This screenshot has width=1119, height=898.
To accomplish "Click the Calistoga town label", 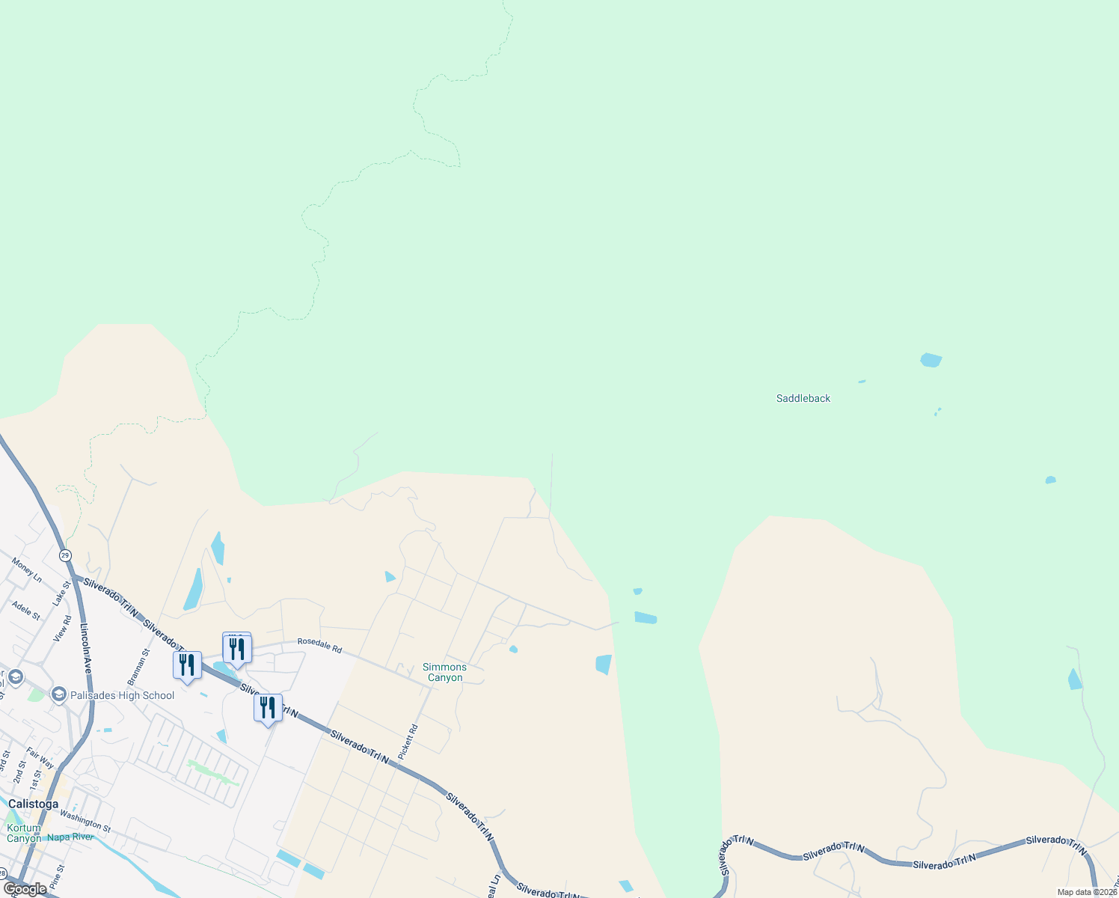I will pyautogui.click(x=33, y=804).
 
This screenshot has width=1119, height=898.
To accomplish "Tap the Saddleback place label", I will pyautogui.click(x=803, y=398).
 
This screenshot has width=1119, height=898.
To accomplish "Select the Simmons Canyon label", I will pyautogui.click(x=444, y=672).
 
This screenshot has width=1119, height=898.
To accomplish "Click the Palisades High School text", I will pyautogui.click(x=122, y=695).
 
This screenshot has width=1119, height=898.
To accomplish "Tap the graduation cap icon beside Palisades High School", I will pyautogui.click(x=58, y=695).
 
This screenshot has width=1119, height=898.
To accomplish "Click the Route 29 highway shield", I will pyautogui.click(x=66, y=555).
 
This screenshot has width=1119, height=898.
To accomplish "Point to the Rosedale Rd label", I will pyautogui.click(x=319, y=645).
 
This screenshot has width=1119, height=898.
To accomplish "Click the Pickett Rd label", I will pyautogui.click(x=408, y=742).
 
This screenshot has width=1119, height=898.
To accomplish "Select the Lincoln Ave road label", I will pyautogui.click(x=85, y=648).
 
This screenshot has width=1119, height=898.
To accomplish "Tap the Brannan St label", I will pyautogui.click(x=138, y=667).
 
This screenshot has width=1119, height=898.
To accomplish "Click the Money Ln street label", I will pyautogui.click(x=27, y=570).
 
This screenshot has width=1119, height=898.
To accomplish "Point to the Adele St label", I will pyautogui.click(x=26, y=611).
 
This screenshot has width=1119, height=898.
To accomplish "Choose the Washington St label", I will pyautogui.click(x=85, y=821).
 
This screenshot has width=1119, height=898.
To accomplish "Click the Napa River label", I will pyautogui.click(x=70, y=837).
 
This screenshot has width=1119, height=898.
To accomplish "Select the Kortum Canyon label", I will pyautogui.click(x=24, y=833).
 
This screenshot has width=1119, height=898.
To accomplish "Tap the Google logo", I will pyautogui.click(x=25, y=889).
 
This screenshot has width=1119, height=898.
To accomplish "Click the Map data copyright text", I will pyautogui.click(x=1087, y=892).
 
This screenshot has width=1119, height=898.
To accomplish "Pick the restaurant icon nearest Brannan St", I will pyautogui.click(x=187, y=665).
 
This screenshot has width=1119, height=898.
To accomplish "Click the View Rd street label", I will pyautogui.click(x=63, y=629).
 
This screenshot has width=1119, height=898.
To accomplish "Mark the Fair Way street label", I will pyautogui.click(x=40, y=757).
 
